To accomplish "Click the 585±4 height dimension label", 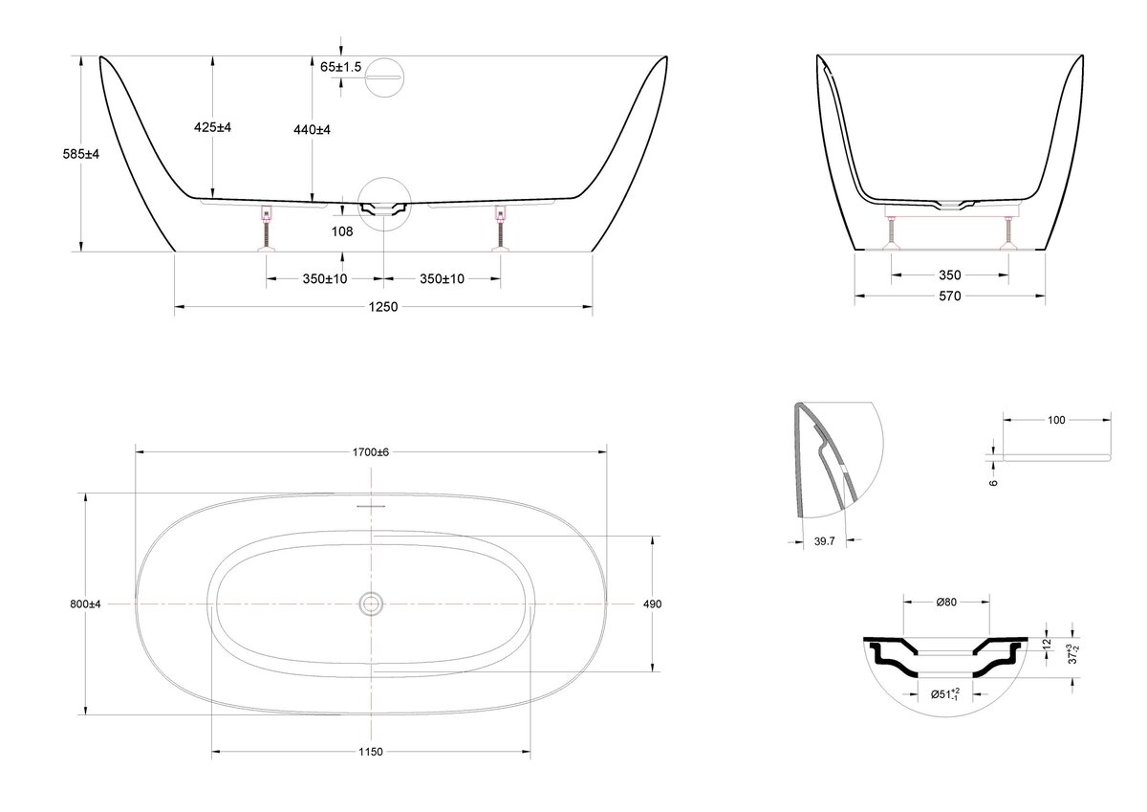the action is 81,154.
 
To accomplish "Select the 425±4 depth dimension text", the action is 212,127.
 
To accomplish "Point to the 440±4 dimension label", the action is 312,130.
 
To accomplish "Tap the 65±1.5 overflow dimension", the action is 340,67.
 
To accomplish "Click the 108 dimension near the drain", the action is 342,231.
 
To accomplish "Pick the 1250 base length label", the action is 383,307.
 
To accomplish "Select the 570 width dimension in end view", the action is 950,296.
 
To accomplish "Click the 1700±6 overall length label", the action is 371,452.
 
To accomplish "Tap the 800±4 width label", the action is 85,604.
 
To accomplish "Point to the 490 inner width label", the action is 652,604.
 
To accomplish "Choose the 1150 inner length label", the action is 371,752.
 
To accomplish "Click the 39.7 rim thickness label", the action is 824,541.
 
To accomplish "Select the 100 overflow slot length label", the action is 1056,420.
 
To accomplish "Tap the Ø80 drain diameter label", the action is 946,603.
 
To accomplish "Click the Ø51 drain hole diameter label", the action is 945,694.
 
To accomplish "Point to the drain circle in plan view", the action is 371,604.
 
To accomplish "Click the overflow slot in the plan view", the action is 371,506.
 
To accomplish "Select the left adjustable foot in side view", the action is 267,229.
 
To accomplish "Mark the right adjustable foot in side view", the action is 500,229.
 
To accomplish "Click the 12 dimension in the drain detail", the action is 1047,644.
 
